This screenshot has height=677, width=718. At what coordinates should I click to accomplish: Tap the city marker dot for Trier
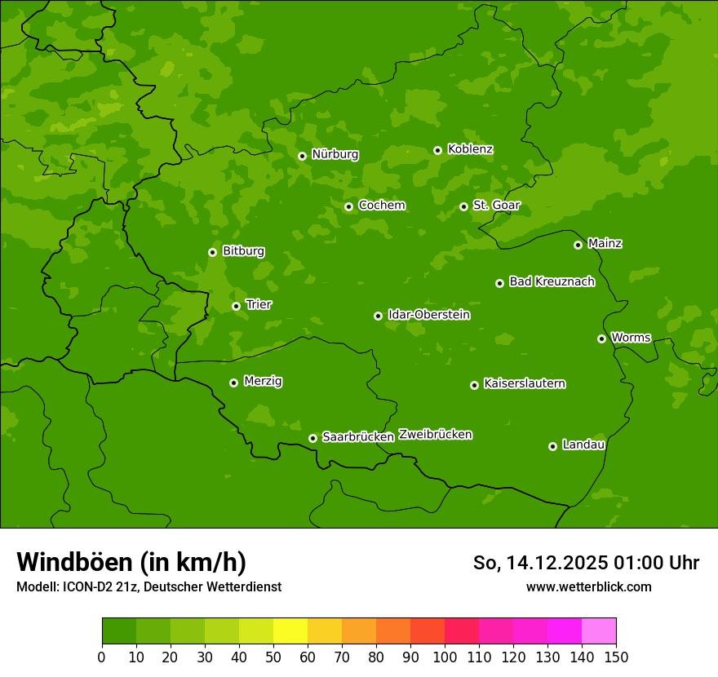[x=236, y=306]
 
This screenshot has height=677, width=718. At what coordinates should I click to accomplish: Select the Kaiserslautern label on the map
[x=525, y=383]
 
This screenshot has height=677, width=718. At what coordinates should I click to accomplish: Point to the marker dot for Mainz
[x=578, y=245]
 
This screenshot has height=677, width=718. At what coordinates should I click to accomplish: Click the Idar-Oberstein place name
[x=429, y=315]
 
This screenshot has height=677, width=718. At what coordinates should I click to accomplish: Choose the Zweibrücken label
[x=435, y=435]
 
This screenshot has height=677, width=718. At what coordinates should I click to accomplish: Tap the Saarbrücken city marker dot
[x=312, y=438]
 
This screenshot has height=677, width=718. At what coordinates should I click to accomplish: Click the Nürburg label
[x=335, y=154]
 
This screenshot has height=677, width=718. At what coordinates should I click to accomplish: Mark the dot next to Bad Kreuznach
[x=499, y=283]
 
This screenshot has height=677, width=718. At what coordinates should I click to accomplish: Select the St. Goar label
[x=496, y=206]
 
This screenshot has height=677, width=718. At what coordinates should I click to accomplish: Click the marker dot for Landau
[x=552, y=446]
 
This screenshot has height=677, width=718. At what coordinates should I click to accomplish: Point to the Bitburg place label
[x=243, y=251]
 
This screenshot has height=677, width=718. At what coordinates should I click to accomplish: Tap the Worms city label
[x=631, y=338]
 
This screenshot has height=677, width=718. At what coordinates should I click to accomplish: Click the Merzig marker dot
[x=233, y=383]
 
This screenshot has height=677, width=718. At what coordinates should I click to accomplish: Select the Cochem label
[x=381, y=206]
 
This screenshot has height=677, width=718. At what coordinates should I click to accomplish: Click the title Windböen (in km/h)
[x=131, y=562]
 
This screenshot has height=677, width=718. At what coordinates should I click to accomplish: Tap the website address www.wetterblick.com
[x=588, y=586]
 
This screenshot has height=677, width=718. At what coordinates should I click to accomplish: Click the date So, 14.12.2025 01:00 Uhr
[x=586, y=563]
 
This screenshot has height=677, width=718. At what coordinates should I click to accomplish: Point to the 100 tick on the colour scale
[x=445, y=657]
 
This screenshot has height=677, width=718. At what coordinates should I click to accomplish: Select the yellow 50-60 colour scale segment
[x=290, y=631]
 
